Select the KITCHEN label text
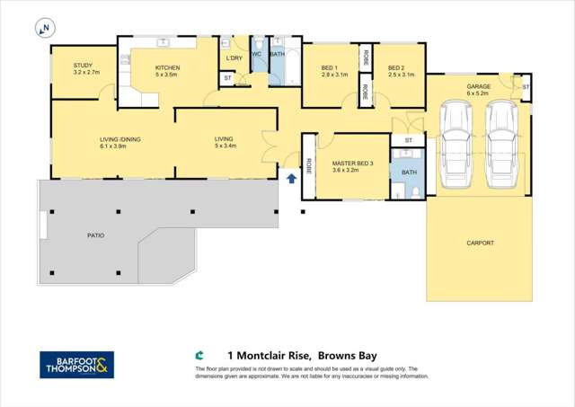pos(168,68)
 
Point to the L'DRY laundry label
pos(234,58)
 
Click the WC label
pos(256,54)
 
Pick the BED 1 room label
pos(329,68)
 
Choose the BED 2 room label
pos(397,68)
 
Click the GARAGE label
pos(477,87)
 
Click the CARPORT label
pos(481,243)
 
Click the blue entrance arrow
pos(290,178)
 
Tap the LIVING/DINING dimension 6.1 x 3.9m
pos(119,146)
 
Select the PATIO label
pos(95,235)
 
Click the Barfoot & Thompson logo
pos(76,364)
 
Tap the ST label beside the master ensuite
pos(408,141)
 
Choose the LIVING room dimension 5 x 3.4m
pos(225,146)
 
